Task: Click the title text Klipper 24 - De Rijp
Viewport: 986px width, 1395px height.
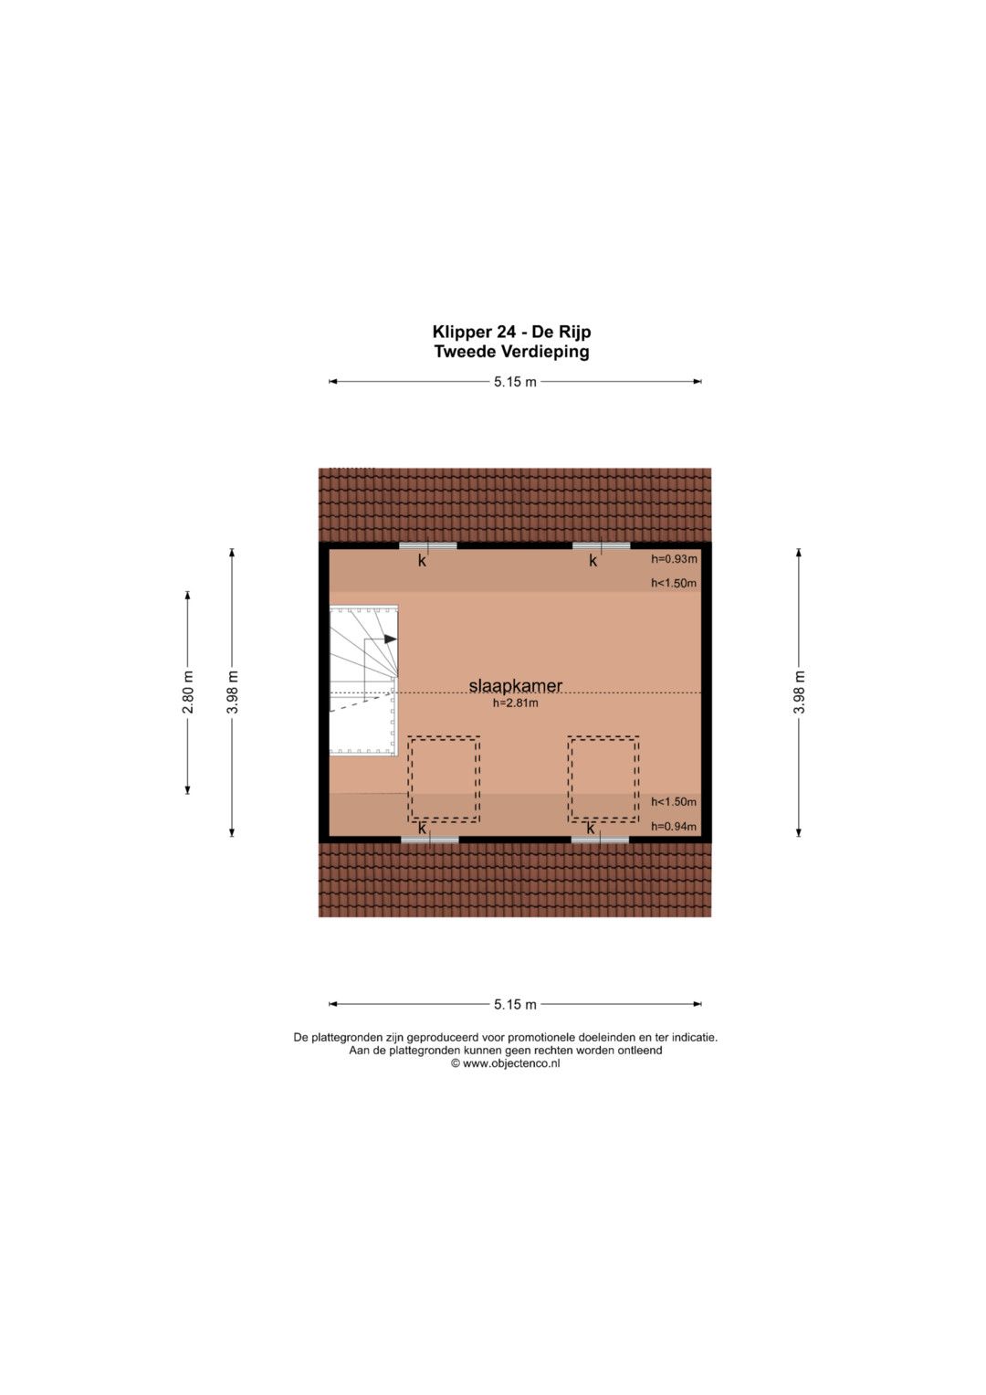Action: pyautogui.click(x=511, y=332)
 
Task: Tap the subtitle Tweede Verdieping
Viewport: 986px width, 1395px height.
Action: pyautogui.click(x=511, y=352)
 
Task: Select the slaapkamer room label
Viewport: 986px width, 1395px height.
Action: pyautogui.click(x=516, y=686)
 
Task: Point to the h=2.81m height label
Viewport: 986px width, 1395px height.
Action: pyautogui.click(x=516, y=703)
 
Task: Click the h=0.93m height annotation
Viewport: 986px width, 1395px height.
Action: pyautogui.click(x=674, y=558)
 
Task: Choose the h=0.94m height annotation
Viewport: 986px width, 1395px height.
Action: pyautogui.click(x=674, y=827)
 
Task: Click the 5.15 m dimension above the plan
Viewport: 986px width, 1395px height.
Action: pyautogui.click(x=516, y=382)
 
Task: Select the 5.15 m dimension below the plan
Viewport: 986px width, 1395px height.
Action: pyautogui.click(x=516, y=1005)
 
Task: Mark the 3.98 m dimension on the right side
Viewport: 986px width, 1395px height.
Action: pyautogui.click(x=801, y=692)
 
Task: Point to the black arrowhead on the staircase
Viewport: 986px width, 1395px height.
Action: pyautogui.click(x=391, y=639)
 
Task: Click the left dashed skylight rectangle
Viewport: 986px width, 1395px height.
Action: pyautogui.click(x=444, y=779)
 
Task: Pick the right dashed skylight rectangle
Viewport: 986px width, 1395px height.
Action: pyautogui.click(x=603, y=779)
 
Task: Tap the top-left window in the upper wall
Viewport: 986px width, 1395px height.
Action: pyautogui.click(x=427, y=545)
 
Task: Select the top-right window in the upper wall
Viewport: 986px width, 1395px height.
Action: pyautogui.click(x=602, y=545)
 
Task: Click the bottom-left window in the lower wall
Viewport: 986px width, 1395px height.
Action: pyautogui.click(x=429, y=840)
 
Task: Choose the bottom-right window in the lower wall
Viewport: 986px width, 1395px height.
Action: pyautogui.click(x=600, y=840)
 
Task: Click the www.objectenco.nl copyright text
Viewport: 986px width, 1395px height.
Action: pyautogui.click(x=506, y=1063)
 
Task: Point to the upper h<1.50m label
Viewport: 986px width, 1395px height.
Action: pyautogui.click(x=674, y=584)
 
